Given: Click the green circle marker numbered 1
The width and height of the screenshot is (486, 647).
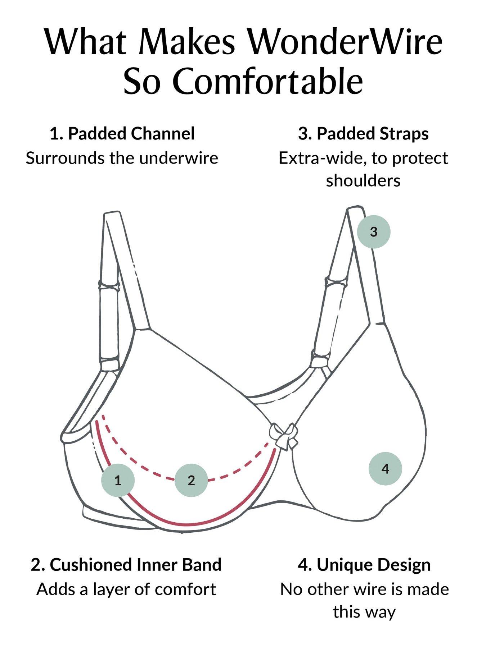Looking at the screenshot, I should point(118,480).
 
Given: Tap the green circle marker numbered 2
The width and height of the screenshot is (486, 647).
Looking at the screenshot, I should point(191,480).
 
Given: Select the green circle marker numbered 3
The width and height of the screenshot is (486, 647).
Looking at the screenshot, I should point(374,231).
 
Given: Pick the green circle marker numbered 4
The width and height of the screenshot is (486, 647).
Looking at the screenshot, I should point(385,469).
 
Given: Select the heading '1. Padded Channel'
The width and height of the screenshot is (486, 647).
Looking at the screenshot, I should point(122,133).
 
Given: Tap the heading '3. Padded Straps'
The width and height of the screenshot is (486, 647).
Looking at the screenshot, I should point(363,133).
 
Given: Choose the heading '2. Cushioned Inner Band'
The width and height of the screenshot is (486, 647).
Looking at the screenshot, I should point(126,565).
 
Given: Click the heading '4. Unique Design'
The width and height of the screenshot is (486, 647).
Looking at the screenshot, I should point(364,565).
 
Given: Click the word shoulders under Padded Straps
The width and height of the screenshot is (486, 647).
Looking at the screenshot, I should point(363,180).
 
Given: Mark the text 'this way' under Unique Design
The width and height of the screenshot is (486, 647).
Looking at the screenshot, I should point(364,612).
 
